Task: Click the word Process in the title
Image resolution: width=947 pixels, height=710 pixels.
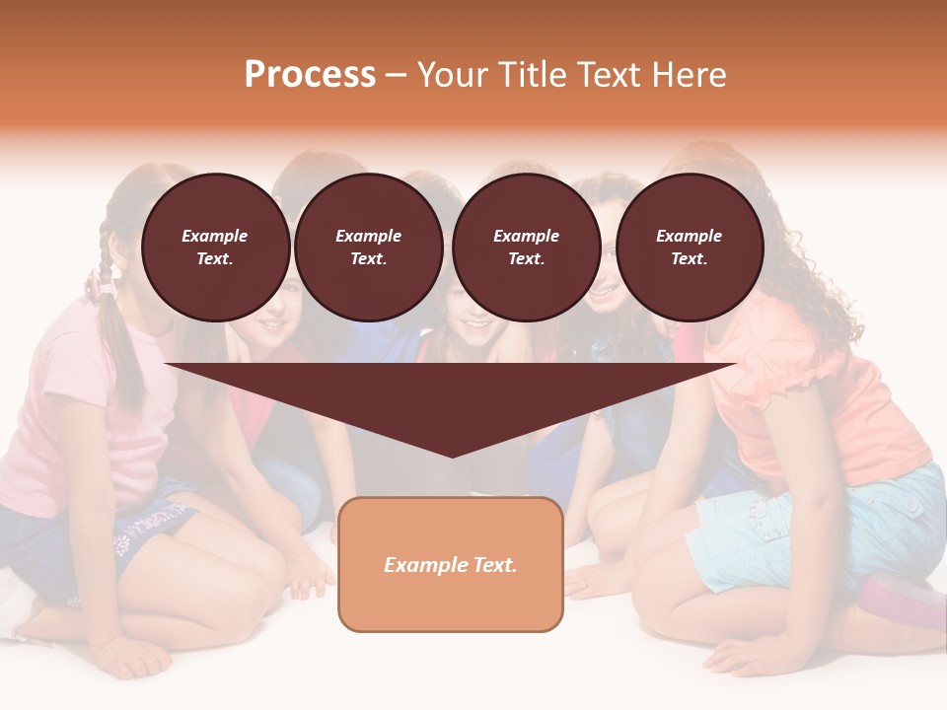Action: pyautogui.click(x=310, y=75)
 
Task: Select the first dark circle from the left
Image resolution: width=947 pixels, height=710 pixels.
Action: pyautogui.click(x=216, y=248)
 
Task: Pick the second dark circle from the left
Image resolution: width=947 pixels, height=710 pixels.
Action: pyautogui.click(x=369, y=248)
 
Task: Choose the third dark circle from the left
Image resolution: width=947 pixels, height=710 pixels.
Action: pyautogui.click(x=527, y=248)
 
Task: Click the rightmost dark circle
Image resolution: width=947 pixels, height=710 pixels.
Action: pyautogui.click(x=690, y=248)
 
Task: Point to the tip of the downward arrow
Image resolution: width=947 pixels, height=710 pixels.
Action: pyautogui.click(x=452, y=455)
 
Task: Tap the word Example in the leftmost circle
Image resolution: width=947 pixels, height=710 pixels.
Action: pyautogui.click(x=215, y=236)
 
